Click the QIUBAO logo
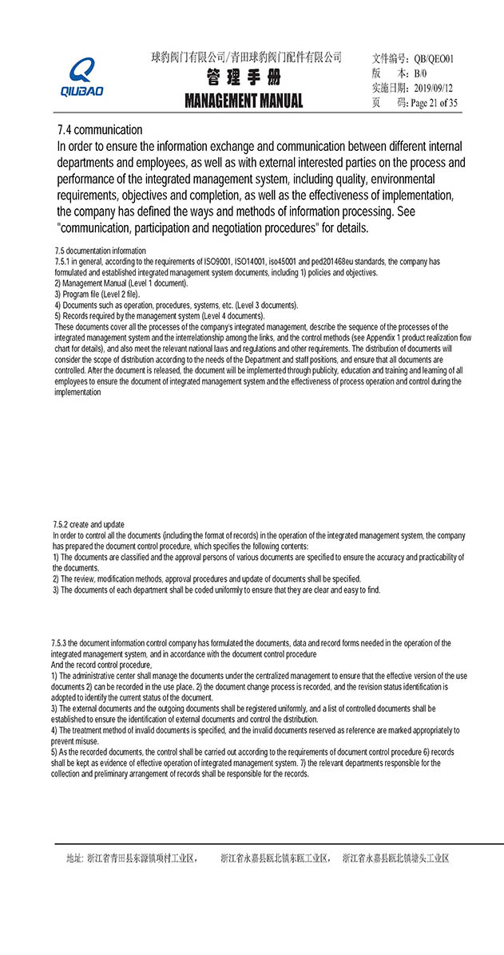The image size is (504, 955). click(x=81, y=77)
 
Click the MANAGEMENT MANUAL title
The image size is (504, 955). click(x=244, y=101)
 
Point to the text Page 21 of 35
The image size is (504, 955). click(x=434, y=103)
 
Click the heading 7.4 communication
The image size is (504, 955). click(x=100, y=129)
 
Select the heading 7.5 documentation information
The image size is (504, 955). click(x=100, y=251)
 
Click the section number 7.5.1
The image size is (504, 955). click(x=65, y=262)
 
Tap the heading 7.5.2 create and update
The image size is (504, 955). click(x=89, y=524)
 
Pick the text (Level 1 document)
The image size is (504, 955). click(x=157, y=283)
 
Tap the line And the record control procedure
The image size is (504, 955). click(x=101, y=665)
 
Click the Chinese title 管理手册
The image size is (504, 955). click(x=244, y=78)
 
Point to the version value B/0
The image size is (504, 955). click(x=420, y=73)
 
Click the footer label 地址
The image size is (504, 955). click(x=73, y=858)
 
